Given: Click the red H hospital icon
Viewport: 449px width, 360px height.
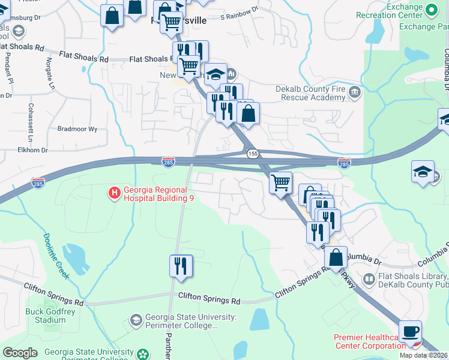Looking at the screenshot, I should tap(113, 193).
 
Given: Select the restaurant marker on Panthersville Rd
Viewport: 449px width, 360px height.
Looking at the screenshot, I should tap(181, 265).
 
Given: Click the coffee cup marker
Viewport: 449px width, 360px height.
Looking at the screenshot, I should tap(410, 331).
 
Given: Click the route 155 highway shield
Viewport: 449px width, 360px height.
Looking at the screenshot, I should tap(253, 154).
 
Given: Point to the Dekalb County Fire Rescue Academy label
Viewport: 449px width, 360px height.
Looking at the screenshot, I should tap(311, 94).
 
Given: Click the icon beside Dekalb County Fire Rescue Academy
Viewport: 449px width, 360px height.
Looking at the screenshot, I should tap(355, 92).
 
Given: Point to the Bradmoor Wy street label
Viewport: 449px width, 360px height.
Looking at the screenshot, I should tap(77, 129).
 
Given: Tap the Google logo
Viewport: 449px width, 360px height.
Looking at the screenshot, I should tap(20, 353).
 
